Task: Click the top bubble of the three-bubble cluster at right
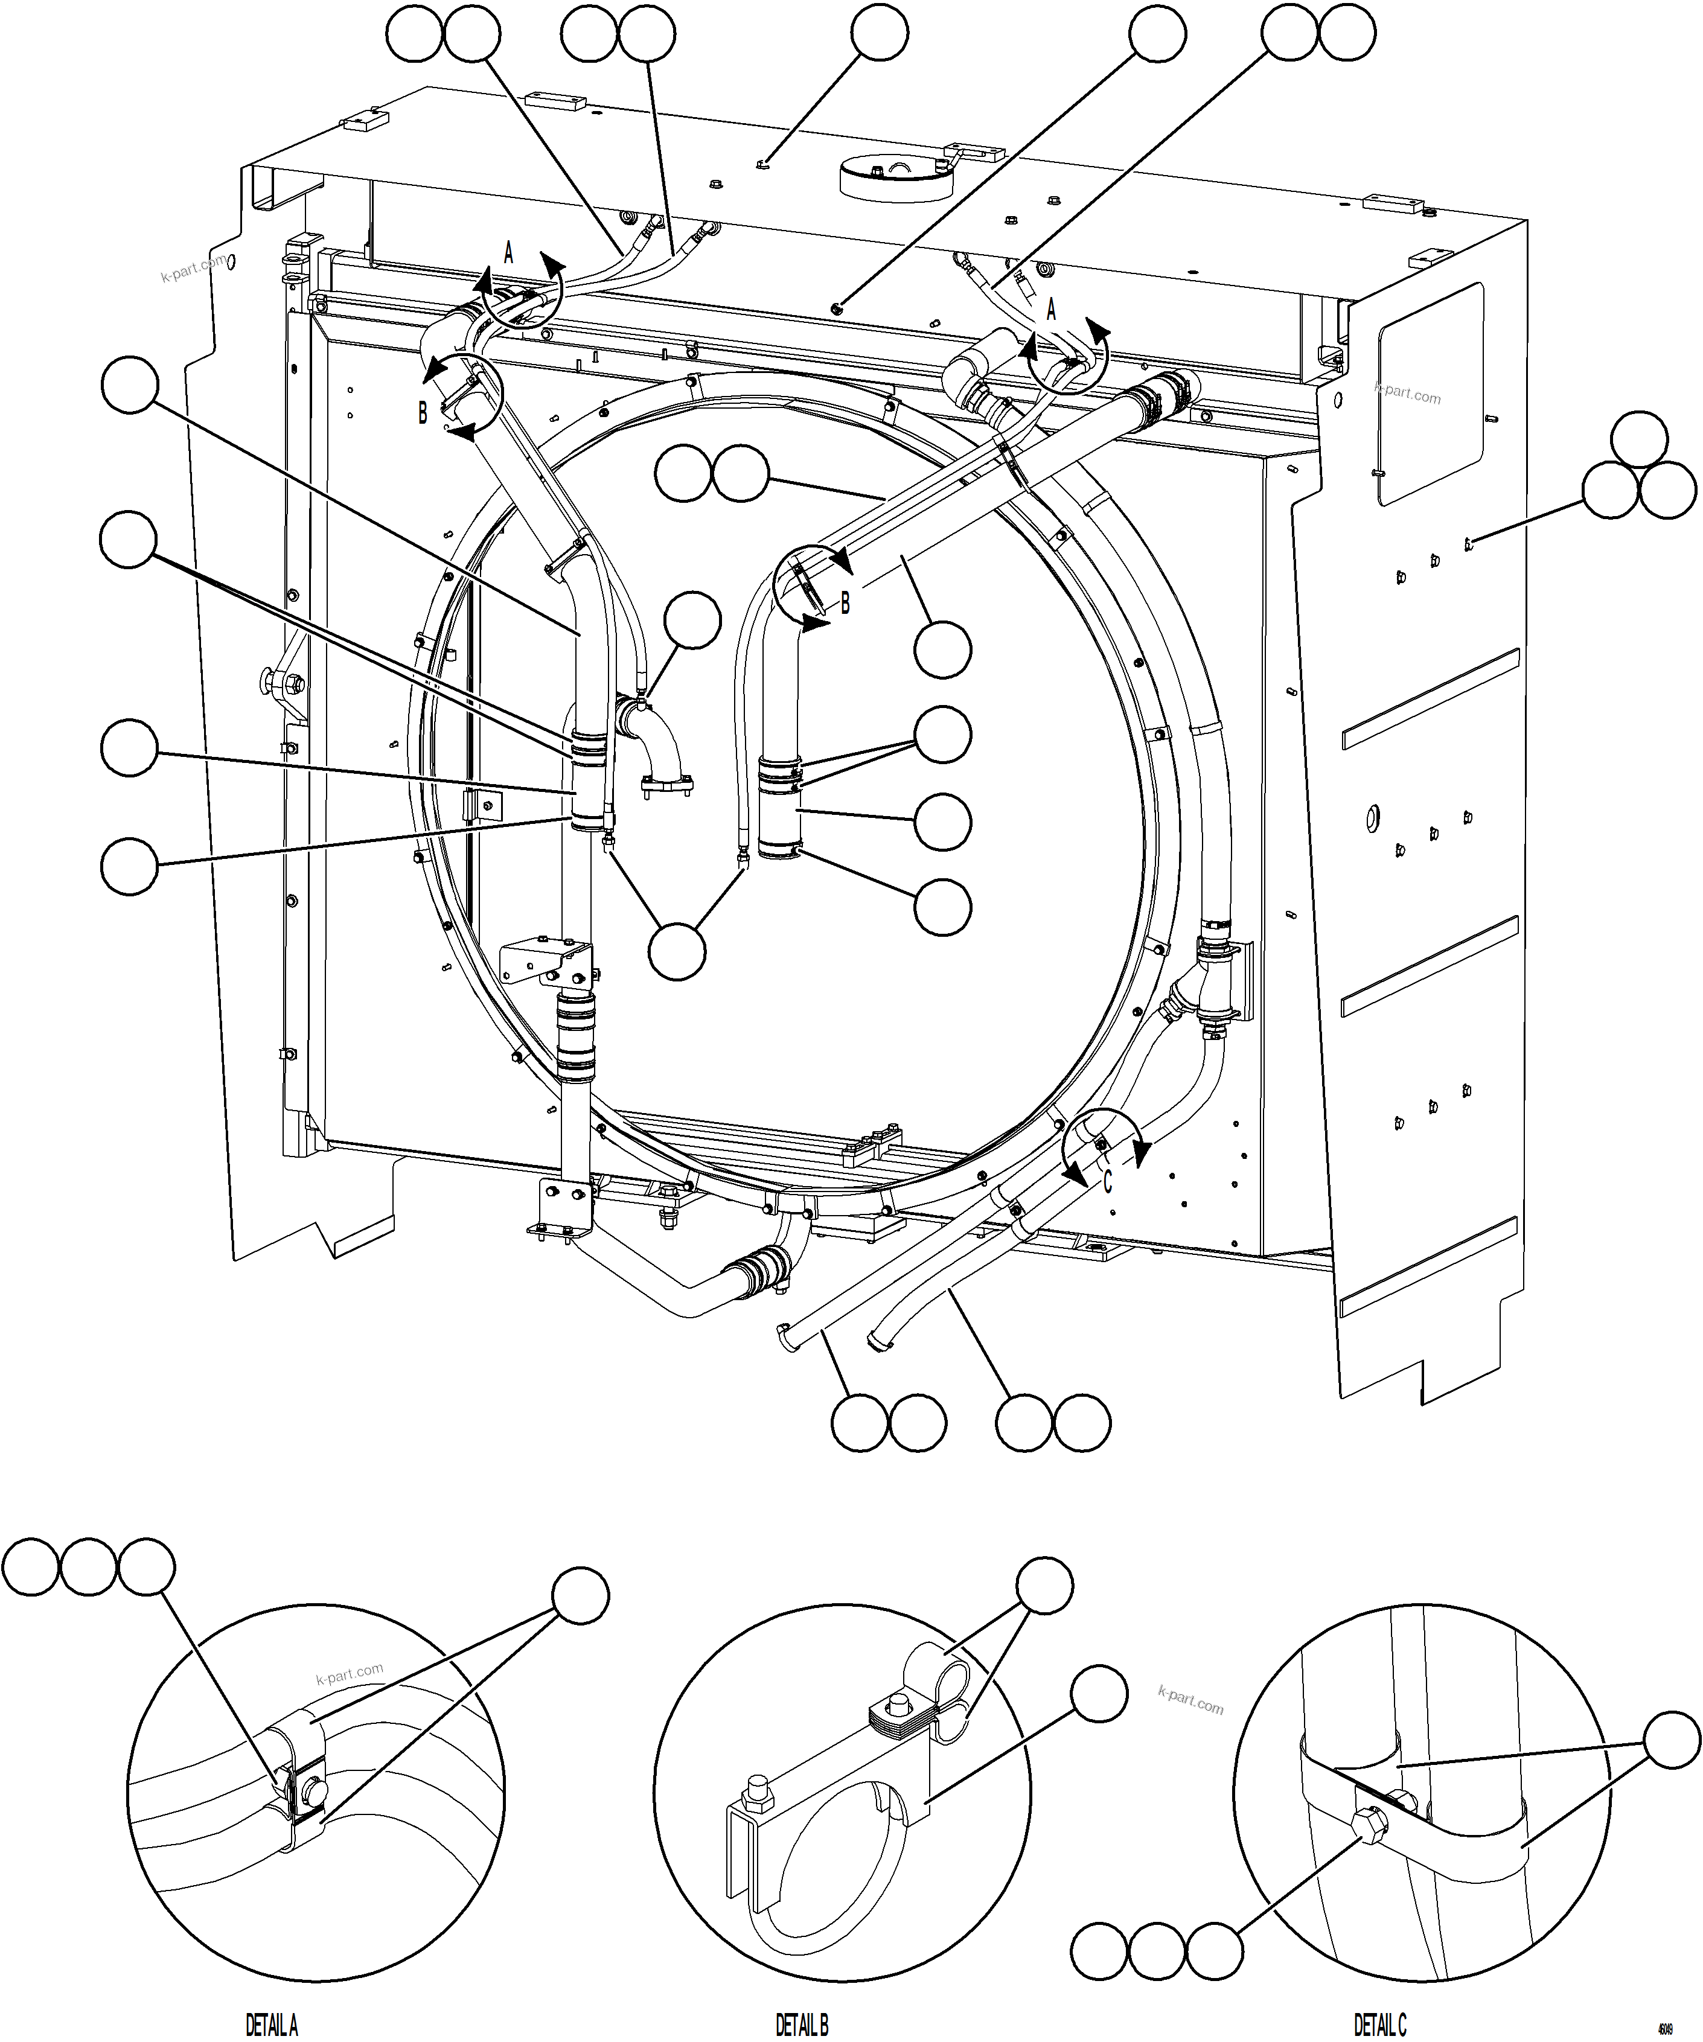[x=1640, y=439]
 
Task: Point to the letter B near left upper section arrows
[x=422, y=413]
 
